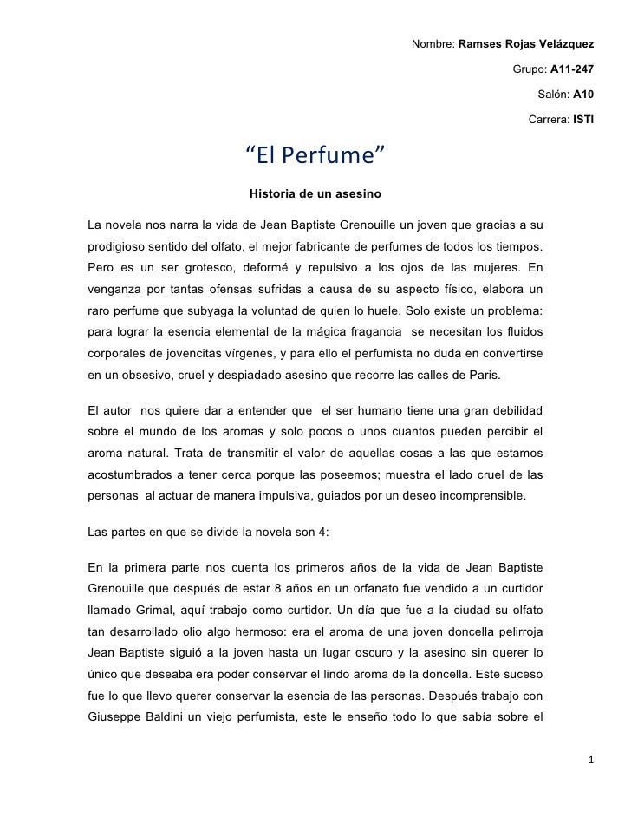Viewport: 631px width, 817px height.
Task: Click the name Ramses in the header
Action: pyautogui.click(x=479, y=44)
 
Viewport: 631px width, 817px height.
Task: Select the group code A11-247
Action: pyautogui.click(x=569, y=69)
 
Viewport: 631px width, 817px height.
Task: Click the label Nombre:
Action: pyautogui.click(x=432, y=44)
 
